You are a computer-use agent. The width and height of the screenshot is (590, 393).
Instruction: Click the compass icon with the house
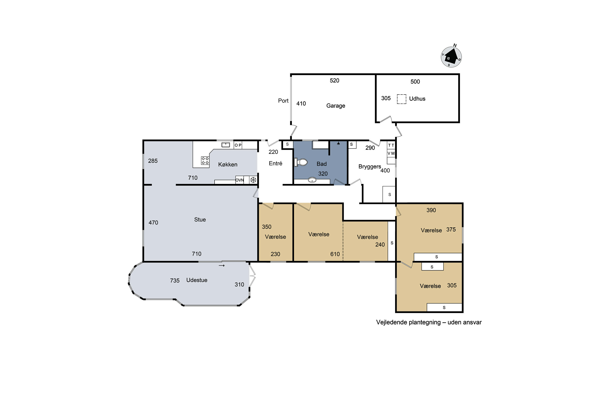click(x=451, y=57)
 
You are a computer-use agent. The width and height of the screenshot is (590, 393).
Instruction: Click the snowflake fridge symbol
click(x=253, y=180)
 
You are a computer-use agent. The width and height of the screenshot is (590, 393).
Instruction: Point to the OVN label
click(x=240, y=180)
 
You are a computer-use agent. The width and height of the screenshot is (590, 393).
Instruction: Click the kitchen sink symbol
click(x=226, y=145)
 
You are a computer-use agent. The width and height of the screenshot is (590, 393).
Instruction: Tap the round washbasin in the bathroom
click(x=312, y=180)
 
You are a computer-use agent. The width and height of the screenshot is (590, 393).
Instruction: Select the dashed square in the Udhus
click(x=401, y=99)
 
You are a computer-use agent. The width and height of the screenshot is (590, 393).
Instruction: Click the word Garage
click(x=336, y=106)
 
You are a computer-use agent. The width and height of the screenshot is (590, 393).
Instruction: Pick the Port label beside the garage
click(x=283, y=101)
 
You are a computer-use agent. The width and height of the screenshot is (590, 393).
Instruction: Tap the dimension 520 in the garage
click(x=334, y=80)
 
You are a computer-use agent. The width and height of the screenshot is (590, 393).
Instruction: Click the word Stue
click(x=200, y=219)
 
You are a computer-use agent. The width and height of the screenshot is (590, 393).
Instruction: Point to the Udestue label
click(x=197, y=280)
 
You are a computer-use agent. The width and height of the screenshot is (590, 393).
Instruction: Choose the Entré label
click(x=276, y=163)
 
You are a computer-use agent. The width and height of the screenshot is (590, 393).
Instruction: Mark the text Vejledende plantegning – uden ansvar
click(x=429, y=322)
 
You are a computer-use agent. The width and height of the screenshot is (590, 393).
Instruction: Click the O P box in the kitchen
click(x=238, y=145)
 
